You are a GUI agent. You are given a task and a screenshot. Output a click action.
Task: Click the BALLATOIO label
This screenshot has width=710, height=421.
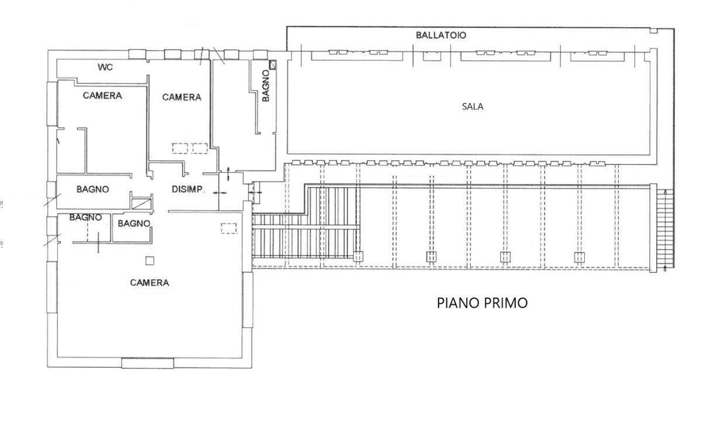point(440,36)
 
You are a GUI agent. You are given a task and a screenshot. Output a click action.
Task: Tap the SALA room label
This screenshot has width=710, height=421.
point(473,107)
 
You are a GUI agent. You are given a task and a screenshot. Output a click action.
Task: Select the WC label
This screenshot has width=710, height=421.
point(105,68)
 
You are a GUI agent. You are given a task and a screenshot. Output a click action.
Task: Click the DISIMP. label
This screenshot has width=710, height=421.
point(188,189)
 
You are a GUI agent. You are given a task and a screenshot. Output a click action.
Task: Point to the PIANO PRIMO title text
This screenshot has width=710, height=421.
point(482,303)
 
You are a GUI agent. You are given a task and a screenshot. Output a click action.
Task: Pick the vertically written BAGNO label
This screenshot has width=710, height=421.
point(266,87)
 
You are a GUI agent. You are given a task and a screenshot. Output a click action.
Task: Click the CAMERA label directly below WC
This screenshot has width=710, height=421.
point(102,96)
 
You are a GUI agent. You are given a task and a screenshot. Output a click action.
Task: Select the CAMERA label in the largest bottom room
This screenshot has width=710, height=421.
point(149,283)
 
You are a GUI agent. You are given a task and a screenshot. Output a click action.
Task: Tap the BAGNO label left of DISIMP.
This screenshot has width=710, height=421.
point(93,189)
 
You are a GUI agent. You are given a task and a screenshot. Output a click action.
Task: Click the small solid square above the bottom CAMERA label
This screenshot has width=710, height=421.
point(150,261)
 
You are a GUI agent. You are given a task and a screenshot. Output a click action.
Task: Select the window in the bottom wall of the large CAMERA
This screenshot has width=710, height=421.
point(147,364)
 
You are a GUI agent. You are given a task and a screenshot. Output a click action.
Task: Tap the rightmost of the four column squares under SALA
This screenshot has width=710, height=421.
point(579,257)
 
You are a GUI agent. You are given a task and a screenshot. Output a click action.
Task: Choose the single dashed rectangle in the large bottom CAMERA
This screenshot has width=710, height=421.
point(229,228)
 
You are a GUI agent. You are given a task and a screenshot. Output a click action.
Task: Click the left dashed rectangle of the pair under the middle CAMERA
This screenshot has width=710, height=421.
point(180,149)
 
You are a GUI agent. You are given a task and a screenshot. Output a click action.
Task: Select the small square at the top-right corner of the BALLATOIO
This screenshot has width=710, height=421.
point(654,30)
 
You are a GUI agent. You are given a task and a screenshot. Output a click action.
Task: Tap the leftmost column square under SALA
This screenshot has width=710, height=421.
point(359,256)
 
